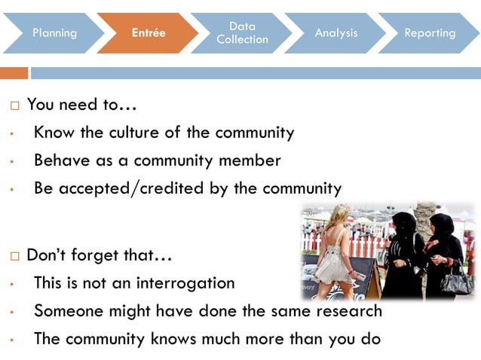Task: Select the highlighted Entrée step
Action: (148, 33)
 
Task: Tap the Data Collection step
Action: (242, 33)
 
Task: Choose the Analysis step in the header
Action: (335, 33)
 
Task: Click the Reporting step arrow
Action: (430, 33)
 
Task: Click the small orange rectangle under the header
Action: (14, 73)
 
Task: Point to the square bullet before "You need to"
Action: (15, 105)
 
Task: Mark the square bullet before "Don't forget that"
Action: (15, 256)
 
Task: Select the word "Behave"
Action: (60, 160)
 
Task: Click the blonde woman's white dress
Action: (332, 260)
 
